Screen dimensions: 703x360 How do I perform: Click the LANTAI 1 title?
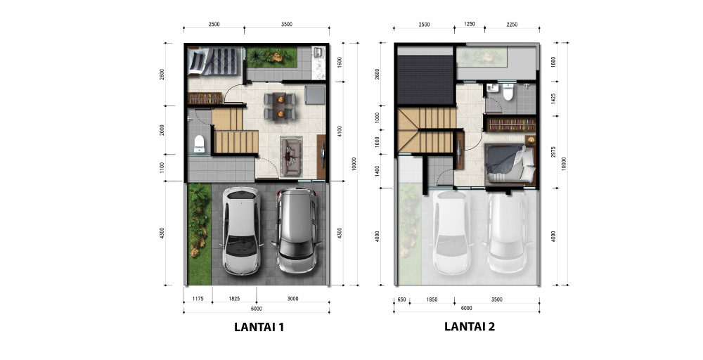(259, 327)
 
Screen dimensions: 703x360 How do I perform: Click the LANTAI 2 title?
(470, 326)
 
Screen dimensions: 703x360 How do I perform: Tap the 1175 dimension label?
(198, 299)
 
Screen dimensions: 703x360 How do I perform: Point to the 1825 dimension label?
(234, 299)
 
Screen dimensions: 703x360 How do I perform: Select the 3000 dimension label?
(292, 299)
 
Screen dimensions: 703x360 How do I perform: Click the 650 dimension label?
(401, 300)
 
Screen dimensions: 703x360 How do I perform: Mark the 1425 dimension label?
(553, 99)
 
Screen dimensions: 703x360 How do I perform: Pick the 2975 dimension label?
(553, 152)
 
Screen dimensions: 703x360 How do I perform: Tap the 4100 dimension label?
(340, 131)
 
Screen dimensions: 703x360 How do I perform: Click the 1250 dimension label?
(470, 24)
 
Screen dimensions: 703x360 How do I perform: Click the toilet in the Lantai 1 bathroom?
(199, 143)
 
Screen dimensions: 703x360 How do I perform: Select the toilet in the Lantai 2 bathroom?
(508, 91)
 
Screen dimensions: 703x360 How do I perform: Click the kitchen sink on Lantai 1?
(319, 52)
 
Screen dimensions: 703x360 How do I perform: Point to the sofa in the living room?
(292, 155)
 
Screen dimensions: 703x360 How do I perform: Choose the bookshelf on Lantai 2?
(511, 124)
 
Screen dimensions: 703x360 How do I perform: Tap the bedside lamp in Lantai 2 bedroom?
(531, 140)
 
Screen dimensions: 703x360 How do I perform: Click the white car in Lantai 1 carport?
(241, 231)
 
